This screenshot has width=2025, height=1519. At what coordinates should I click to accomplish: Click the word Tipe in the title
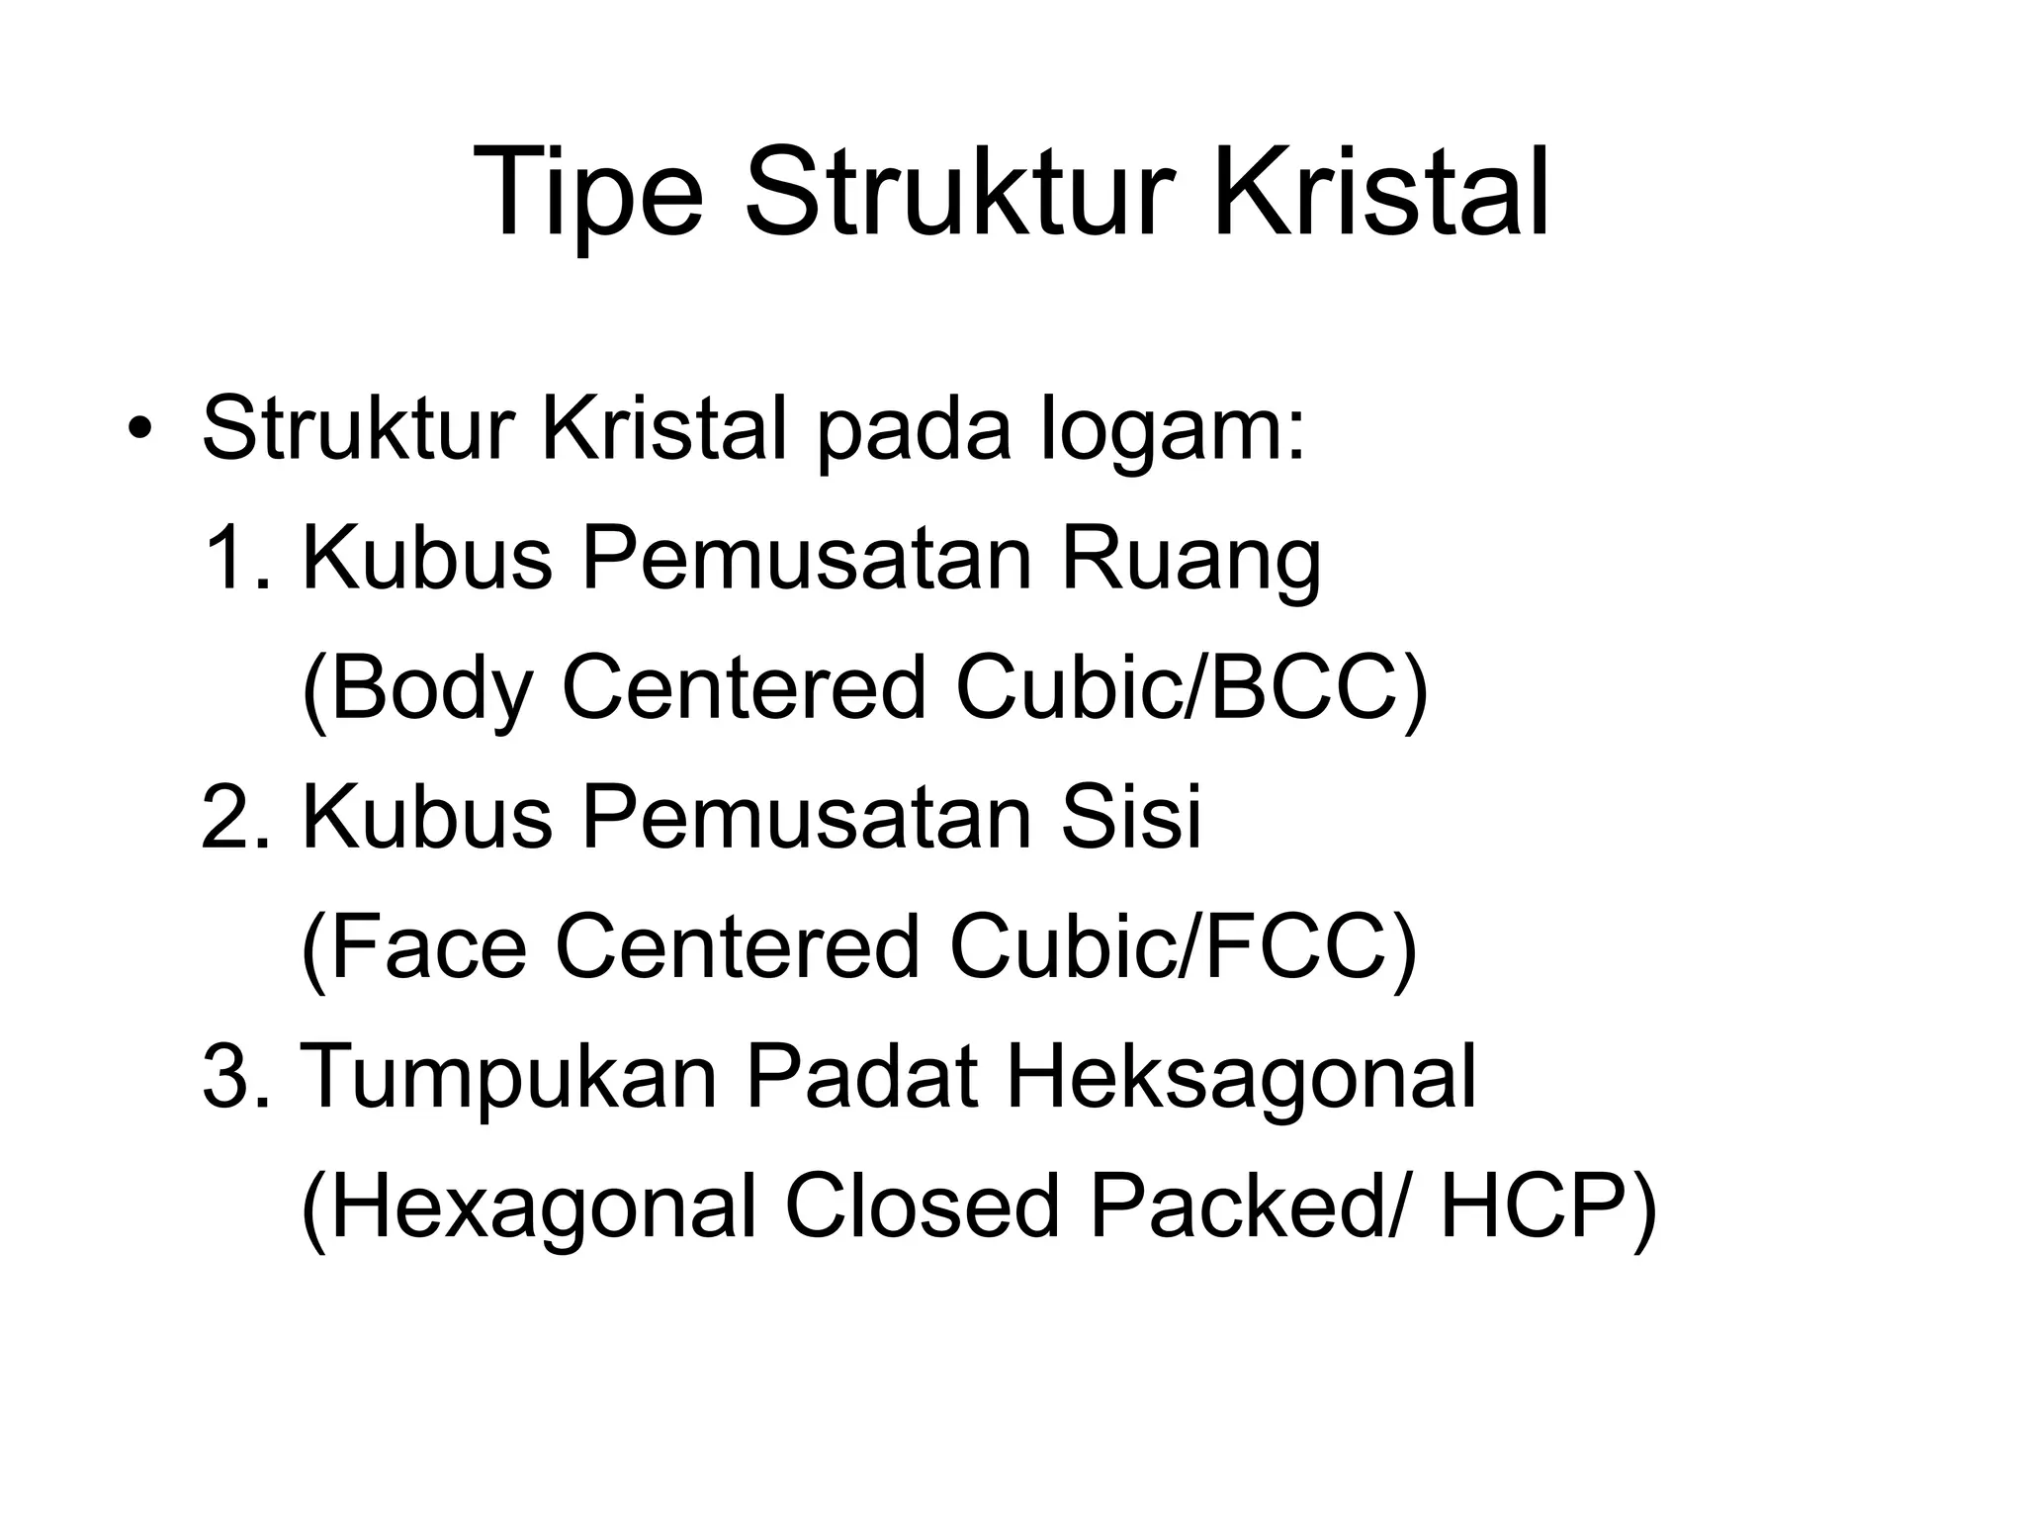[x=588, y=194]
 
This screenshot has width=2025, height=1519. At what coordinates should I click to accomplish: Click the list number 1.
[x=234, y=559]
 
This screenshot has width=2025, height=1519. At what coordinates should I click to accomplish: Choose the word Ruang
[x=1190, y=561]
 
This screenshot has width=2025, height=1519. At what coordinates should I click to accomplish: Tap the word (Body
[x=416, y=689]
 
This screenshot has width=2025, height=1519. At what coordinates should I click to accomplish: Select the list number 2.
[x=235, y=818]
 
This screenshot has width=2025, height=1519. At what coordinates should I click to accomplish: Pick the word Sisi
[x=1130, y=818]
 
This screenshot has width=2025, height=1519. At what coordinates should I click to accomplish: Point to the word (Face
[x=413, y=947]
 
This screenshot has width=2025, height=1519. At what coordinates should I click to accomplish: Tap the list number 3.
[x=235, y=1077]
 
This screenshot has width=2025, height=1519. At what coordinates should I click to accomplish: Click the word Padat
[x=861, y=1077]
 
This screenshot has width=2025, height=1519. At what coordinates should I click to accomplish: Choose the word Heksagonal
[x=1241, y=1079]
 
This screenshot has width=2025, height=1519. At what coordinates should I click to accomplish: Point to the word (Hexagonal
[x=529, y=1208]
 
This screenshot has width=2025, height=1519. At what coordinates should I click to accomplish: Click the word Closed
[x=921, y=1206]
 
